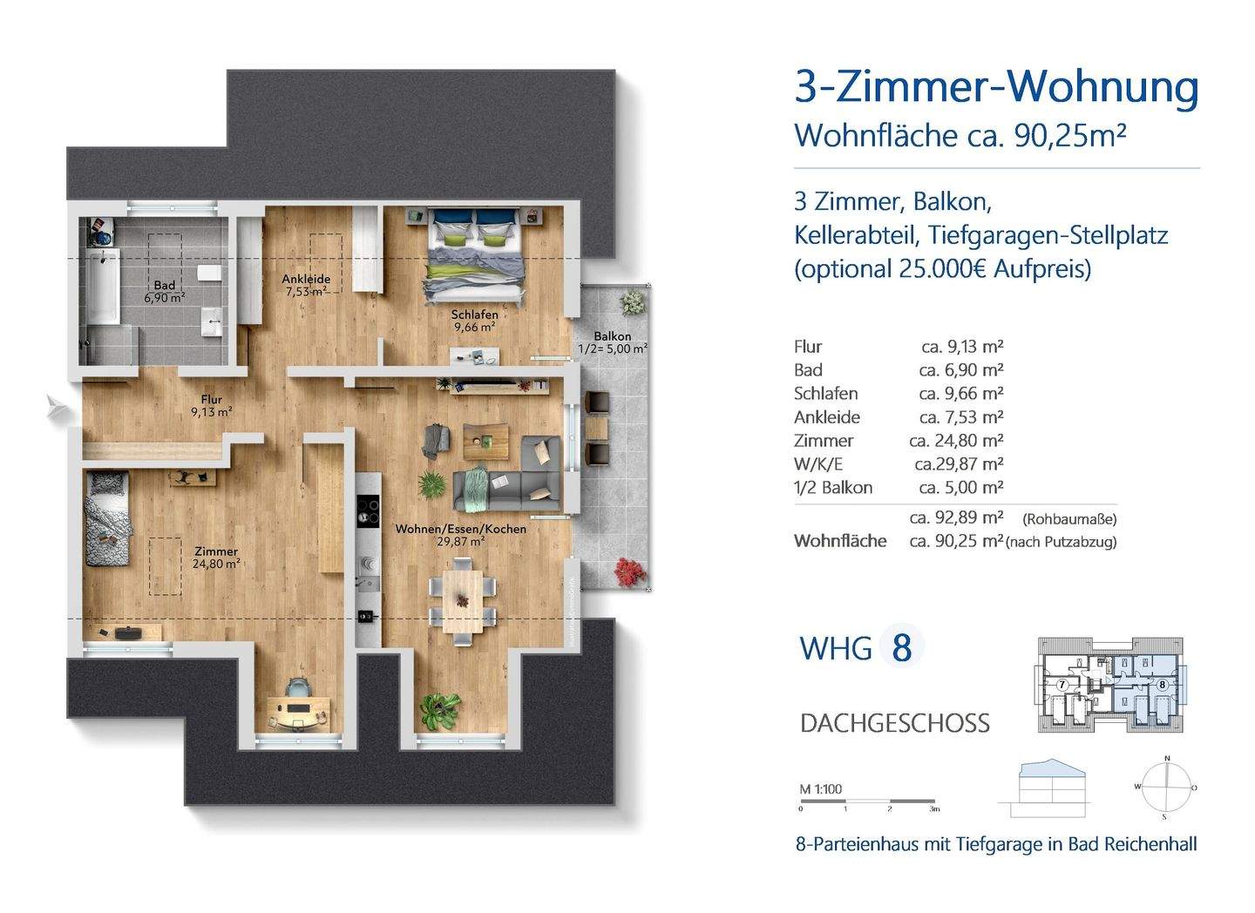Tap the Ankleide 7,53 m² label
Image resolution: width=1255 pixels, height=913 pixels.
(306, 285)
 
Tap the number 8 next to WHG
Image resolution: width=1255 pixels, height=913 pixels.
(901, 648)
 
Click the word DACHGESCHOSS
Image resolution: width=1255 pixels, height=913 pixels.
(894, 723)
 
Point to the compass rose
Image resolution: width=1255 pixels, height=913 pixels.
(1164, 787)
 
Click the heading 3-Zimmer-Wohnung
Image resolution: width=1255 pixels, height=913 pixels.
(996, 87)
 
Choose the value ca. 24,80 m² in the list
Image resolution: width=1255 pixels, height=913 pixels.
(956, 441)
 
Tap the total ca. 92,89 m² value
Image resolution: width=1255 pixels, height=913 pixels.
(956, 517)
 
